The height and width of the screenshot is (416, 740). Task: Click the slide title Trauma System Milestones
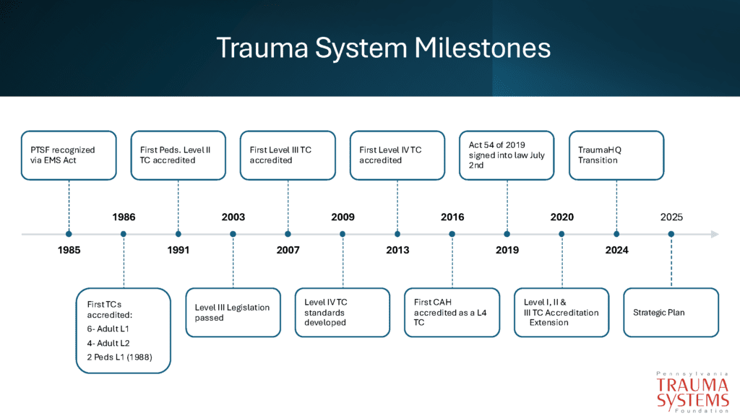pos(383,48)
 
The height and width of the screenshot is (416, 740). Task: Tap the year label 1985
pos(69,251)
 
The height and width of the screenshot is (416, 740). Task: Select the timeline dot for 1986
pos(124,234)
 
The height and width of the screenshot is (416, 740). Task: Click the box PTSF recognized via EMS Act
pos(69,155)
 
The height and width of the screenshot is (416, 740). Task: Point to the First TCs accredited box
pos(124,330)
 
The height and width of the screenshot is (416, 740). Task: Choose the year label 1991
pos(178,251)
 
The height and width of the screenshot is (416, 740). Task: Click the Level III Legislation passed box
pos(233,312)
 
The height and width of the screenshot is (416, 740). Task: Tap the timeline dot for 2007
pos(288,234)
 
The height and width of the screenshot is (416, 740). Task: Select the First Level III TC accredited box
pos(288,155)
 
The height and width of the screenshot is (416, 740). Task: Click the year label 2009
pos(343,217)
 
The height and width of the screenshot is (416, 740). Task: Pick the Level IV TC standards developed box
pos(343,312)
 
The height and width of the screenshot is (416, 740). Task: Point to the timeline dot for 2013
pos(397,234)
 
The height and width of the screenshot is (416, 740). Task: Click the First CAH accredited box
pos(452,312)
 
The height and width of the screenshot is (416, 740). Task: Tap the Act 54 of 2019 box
pos(507,155)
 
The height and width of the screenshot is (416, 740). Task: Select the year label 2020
pos(562,217)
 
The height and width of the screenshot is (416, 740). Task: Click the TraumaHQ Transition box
pos(616,155)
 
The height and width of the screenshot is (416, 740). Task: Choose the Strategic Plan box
pos(671,312)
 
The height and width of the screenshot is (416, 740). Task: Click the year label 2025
pos(671,217)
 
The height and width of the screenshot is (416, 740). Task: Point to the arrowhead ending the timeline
pos(715,234)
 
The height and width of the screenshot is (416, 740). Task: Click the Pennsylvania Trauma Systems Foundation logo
pos(692,391)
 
